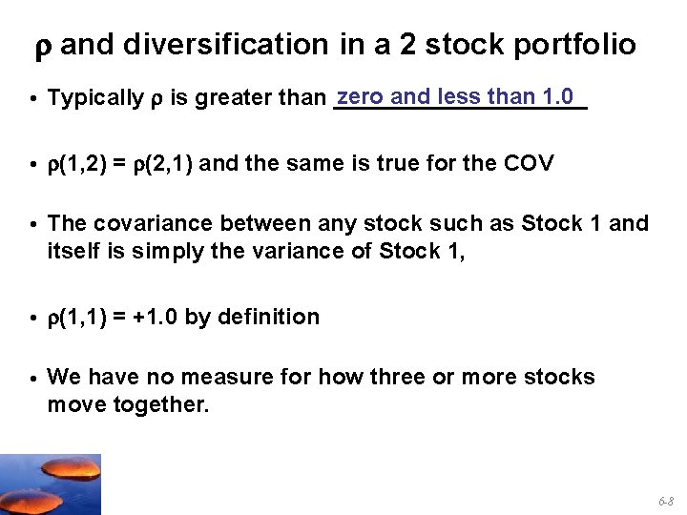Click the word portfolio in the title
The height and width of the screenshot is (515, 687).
click(580, 45)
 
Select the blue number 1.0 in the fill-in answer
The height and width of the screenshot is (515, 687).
click(556, 96)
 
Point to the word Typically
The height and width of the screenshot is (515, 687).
click(92, 98)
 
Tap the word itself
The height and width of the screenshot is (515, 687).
click(73, 252)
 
